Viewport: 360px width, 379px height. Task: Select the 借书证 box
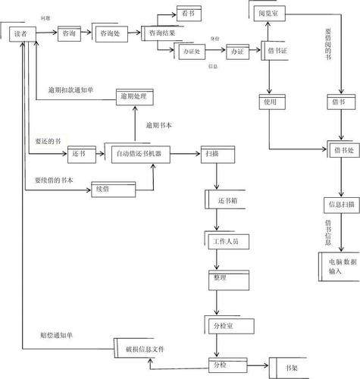[x=277, y=50]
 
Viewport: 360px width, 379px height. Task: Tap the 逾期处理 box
[x=135, y=97]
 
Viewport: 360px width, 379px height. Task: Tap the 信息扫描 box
[x=340, y=204]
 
